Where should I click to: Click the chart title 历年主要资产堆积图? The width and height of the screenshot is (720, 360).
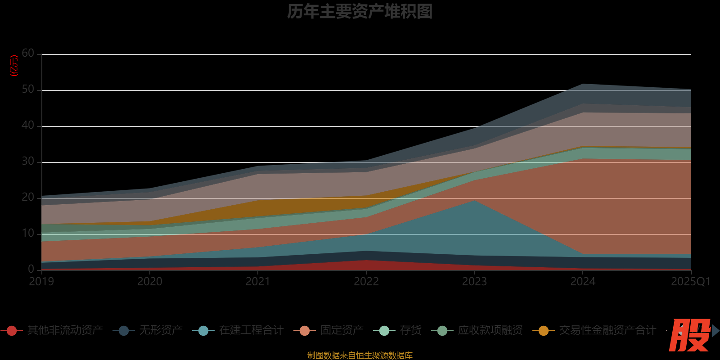(360, 12)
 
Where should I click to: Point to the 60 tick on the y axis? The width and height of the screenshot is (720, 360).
(28, 54)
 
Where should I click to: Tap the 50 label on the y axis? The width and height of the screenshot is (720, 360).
(28, 90)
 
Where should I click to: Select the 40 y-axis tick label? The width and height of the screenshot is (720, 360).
(28, 126)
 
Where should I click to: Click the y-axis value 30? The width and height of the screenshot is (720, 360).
(28, 162)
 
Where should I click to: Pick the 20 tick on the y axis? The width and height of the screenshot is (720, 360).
(28, 198)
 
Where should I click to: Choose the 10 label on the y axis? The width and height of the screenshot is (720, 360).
(28, 234)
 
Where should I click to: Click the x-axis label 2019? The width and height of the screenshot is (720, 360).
(41, 282)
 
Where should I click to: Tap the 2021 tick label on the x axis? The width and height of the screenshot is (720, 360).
(258, 282)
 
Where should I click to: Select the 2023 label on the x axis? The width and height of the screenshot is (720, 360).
(474, 282)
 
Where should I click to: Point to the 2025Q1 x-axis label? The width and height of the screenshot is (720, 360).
(690, 282)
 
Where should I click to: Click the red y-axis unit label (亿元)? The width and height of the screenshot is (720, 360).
(14, 66)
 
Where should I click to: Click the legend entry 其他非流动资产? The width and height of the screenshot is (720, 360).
(65, 330)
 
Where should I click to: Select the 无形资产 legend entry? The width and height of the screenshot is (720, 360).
(160, 330)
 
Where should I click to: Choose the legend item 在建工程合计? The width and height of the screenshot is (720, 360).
(251, 330)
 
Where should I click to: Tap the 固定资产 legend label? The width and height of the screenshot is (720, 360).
(342, 330)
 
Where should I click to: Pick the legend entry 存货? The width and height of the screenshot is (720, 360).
(410, 330)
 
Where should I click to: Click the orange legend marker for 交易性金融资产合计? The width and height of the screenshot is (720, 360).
(543, 331)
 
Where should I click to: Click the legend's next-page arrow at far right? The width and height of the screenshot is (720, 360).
(715, 331)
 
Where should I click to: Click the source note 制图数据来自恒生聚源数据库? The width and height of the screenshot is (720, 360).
(360, 355)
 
